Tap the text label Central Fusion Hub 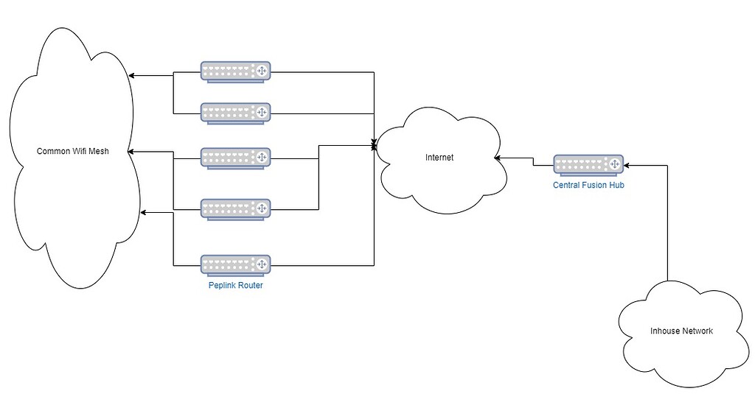pyautogui.click(x=588, y=186)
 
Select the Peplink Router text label pyautogui.click(x=235, y=285)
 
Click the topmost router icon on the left pyautogui.click(x=235, y=71)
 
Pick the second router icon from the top pyautogui.click(x=235, y=113)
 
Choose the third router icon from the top pyautogui.click(x=235, y=158)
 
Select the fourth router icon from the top pyautogui.click(x=235, y=209)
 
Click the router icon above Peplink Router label pyautogui.click(x=235, y=265)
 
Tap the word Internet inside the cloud pyautogui.click(x=440, y=158)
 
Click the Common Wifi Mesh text pyautogui.click(x=72, y=152)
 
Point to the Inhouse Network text pyautogui.click(x=681, y=331)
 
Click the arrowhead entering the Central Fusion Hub pyautogui.click(x=627, y=166)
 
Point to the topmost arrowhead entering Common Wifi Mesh pyautogui.click(x=131, y=75)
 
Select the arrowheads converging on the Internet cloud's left pyautogui.click(x=375, y=147)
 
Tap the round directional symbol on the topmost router pyautogui.click(x=260, y=71)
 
